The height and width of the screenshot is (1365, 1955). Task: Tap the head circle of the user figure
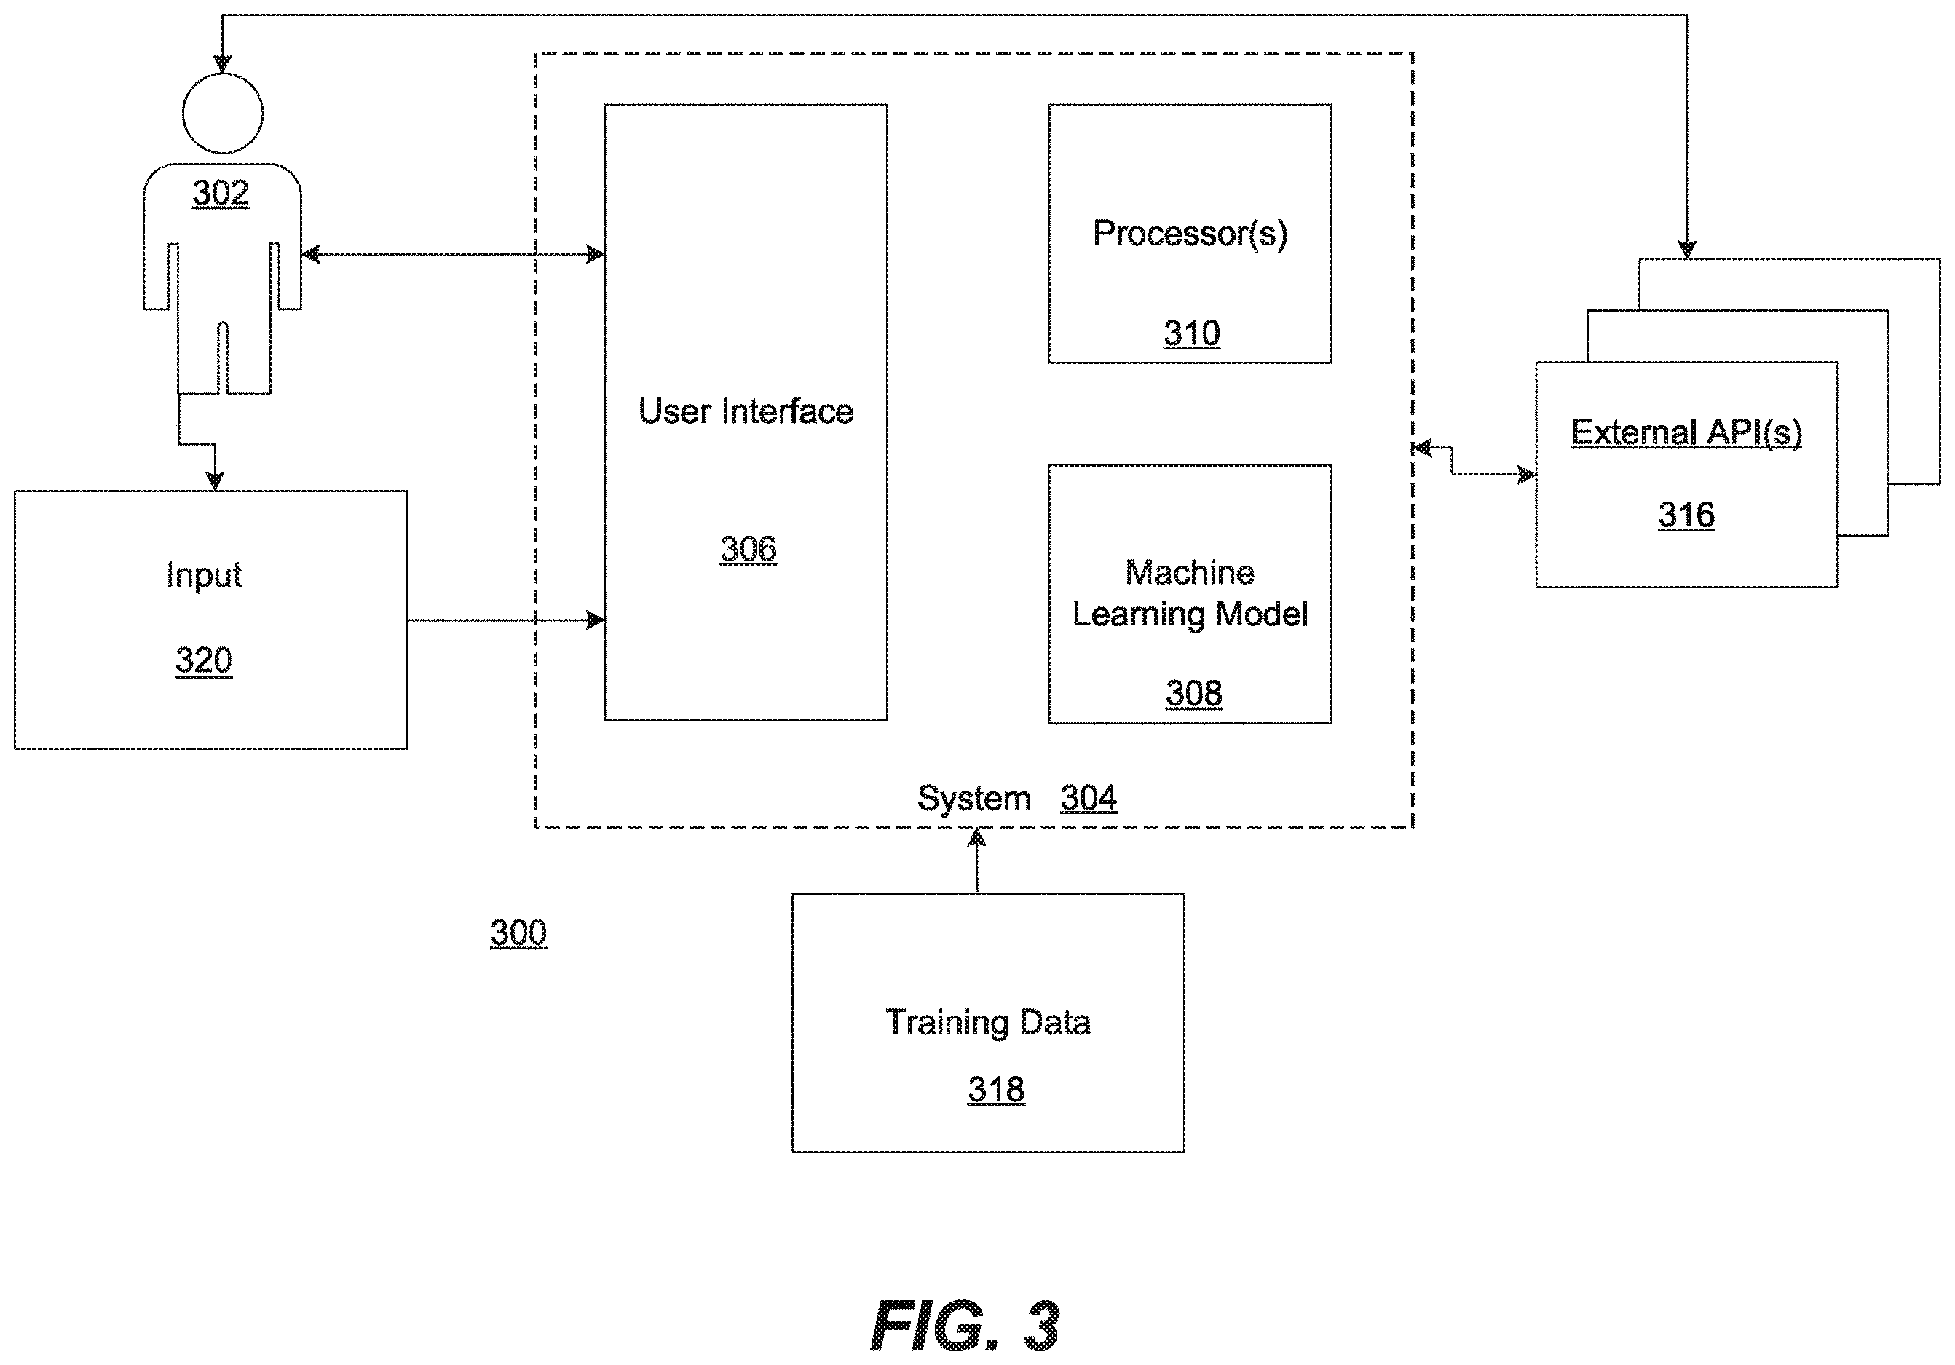[223, 75]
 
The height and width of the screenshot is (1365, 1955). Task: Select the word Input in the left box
[205, 576]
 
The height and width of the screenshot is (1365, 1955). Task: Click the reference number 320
[203, 661]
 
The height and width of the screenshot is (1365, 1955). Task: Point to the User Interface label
[746, 411]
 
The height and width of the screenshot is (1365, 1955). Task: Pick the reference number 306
[749, 549]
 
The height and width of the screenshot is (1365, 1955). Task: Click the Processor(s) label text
[1190, 233]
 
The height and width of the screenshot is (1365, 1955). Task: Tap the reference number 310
[1192, 333]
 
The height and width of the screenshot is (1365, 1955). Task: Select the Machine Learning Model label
[1190, 593]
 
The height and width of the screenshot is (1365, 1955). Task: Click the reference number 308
[1194, 693]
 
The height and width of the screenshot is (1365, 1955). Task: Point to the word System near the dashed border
[974, 799]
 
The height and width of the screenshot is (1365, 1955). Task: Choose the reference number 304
[1089, 798]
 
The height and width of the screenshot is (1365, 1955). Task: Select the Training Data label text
[989, 1023]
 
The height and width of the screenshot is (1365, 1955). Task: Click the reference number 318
[996, 1089]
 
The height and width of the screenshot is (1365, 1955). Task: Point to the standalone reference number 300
[518, 933]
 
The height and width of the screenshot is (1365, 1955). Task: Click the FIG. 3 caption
[965, 1326]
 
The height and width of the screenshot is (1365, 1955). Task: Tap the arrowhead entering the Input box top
[216, 480]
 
